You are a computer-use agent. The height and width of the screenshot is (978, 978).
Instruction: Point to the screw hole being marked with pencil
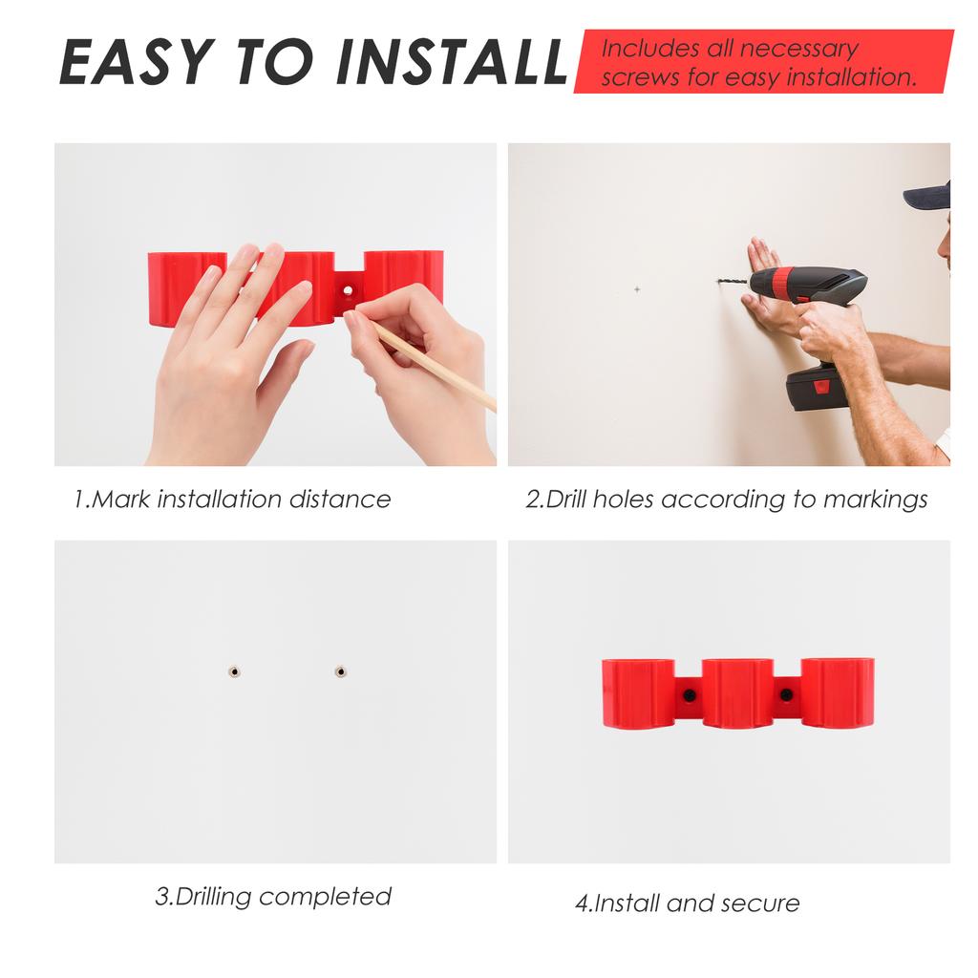coord(348,289)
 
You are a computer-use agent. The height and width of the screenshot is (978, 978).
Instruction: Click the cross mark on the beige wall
coord(637,288)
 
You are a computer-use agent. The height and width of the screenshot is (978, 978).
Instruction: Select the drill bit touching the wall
coord(733,282)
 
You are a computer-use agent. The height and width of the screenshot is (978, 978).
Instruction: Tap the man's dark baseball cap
coord(929,196)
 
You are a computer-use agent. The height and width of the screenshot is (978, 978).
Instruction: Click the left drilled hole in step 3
coord(234,671)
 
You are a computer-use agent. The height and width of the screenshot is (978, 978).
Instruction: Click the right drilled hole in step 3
coord(340,671)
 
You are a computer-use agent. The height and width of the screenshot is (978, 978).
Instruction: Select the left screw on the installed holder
coord(688,694)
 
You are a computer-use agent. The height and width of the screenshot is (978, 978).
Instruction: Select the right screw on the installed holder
coord(786,694)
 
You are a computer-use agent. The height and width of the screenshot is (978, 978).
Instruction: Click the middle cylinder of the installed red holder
coord(737,692)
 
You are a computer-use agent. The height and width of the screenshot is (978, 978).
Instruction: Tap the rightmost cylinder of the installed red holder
coord(837,692)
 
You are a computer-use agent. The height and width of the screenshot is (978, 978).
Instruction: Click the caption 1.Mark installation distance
coord(233,499)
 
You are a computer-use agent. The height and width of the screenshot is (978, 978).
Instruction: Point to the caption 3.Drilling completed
coord(273,897)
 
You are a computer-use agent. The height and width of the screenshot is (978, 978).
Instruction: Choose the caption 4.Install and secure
coord(688,903)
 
